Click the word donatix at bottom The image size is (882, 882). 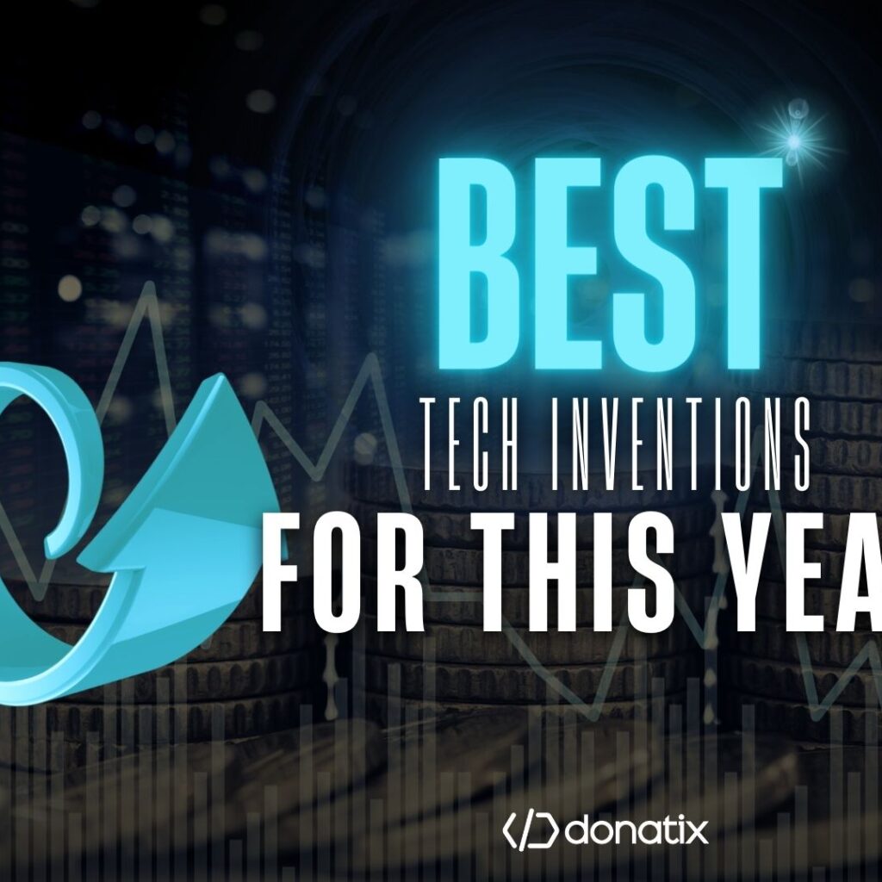pyautogui.click(x=637, y=831)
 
